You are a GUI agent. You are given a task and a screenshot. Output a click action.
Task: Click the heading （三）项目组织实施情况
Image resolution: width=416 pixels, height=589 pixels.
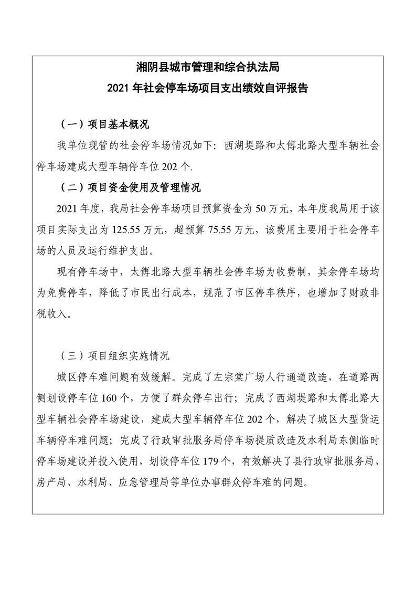pos(115,355)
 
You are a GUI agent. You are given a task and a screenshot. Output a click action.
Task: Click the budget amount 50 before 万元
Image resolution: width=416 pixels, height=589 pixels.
pos(261,208)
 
